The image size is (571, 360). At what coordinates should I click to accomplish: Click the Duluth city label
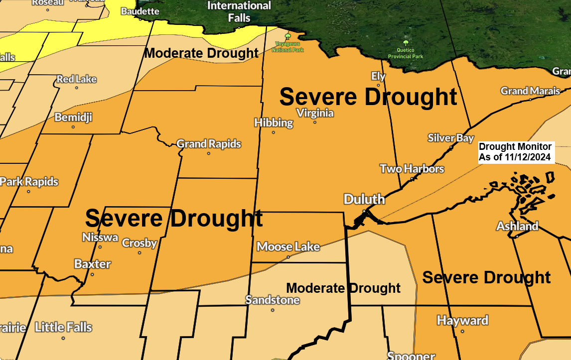pos(364,200)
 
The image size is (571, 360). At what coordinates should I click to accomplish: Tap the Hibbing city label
pos(274,122)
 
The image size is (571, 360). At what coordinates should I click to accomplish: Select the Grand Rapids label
pos(209,144)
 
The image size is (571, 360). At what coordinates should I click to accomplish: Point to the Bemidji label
pos(73,118)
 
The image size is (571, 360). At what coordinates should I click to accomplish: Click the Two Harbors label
pos(412,169)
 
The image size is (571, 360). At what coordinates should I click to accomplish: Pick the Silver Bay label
pos(451,138)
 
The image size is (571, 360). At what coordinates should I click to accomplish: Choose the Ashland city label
pos(517,226)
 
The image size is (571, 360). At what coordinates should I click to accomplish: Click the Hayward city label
pos(462,320)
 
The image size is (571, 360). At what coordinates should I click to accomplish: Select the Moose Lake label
pos(288,246)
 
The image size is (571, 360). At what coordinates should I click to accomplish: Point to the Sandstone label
pos(273,300)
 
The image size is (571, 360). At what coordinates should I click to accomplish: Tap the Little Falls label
pos(63,327)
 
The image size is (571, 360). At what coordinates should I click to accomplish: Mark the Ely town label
pos(379,76)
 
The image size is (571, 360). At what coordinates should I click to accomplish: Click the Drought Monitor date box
pos(515,152)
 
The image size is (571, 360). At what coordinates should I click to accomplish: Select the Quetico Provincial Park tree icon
pos(406,43)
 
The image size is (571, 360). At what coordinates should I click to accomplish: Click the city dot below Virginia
pos(315,122)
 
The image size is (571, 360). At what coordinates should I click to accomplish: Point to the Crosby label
pos(140,243)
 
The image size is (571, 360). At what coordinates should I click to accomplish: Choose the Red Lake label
pos(76,79)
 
